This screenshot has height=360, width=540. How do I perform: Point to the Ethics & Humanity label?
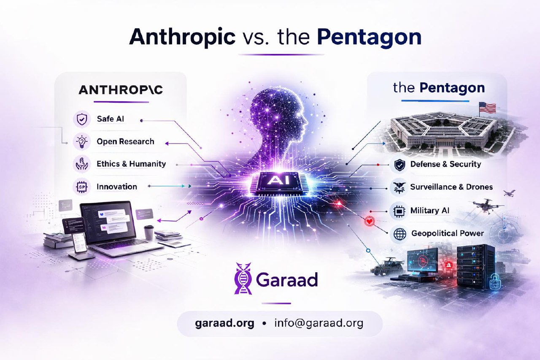[x=131, y=164]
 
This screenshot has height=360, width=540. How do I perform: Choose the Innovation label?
[x=117, y=187]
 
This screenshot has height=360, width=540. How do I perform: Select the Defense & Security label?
[x=445, y=164]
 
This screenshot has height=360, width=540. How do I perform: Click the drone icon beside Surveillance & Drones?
[x=399, y=187]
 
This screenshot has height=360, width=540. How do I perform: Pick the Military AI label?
[x=430, y=210]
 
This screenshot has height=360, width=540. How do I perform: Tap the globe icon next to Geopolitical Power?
[x=399, y=233]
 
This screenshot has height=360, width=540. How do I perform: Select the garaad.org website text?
[x=225, y=324]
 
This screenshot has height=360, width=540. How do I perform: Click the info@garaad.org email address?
[x=319, y=324]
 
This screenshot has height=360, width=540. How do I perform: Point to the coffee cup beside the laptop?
[x=149, y=232]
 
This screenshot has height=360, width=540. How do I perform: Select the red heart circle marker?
[x=368, y=220]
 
